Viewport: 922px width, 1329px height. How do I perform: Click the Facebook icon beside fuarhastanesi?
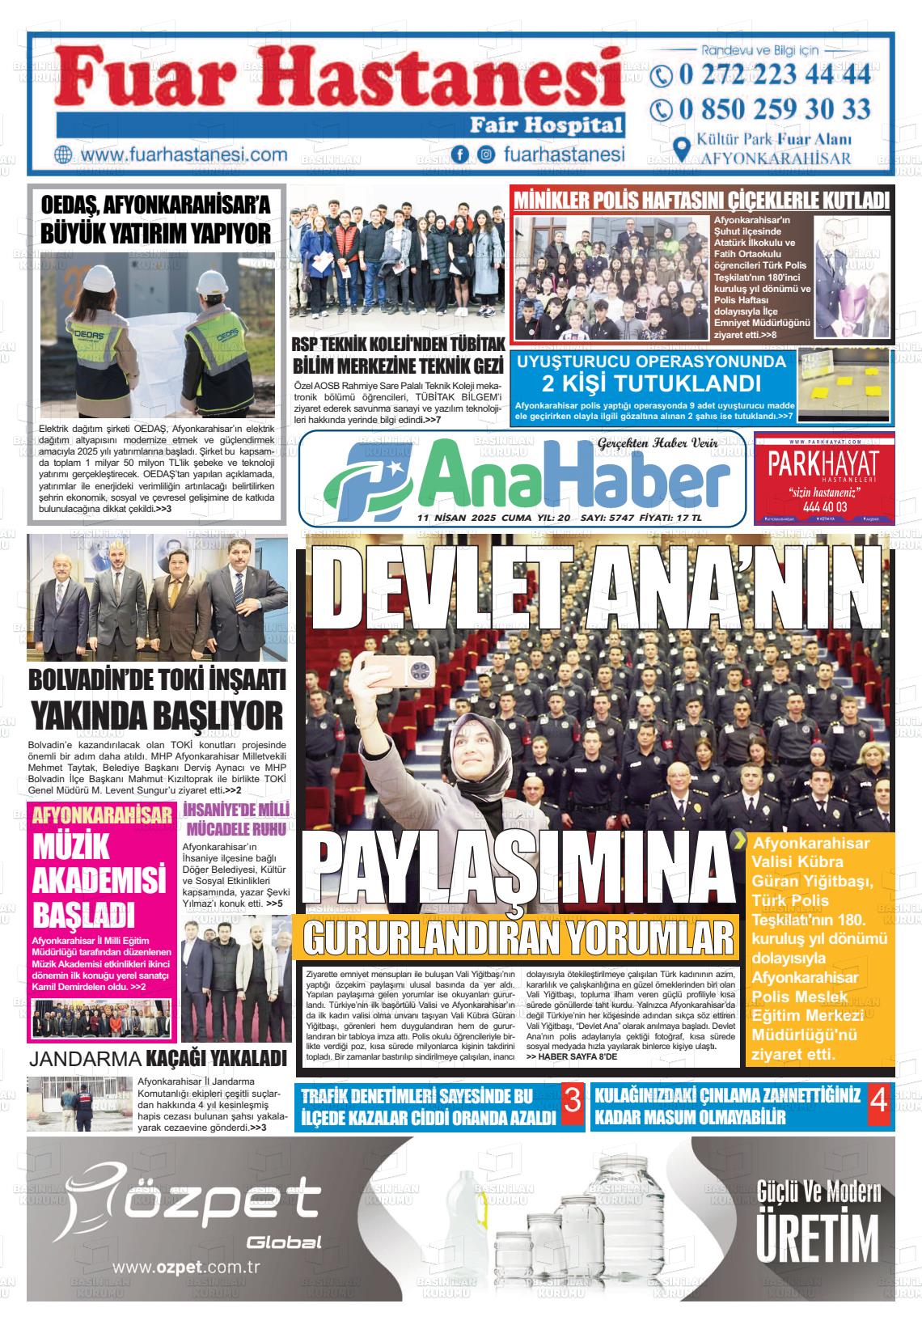[x=460, y=154]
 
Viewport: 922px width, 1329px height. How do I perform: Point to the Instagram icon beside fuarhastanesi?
[x=486, y=154]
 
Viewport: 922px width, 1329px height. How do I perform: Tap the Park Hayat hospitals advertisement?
[x=824, y=477]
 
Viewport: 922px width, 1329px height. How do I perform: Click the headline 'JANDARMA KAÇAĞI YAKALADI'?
[x=158, y=1059]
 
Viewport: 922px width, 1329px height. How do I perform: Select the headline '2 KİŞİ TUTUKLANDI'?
[x=651, y=383]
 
